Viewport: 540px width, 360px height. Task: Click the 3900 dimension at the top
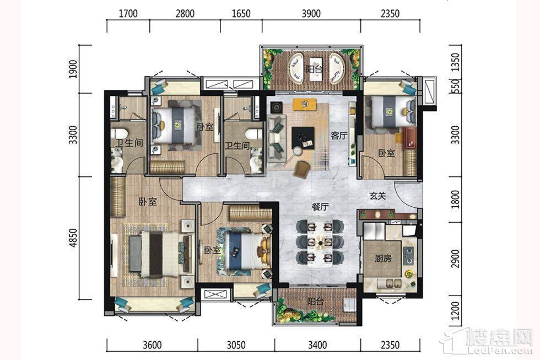[x=311, y=13]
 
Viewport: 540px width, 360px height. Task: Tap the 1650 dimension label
[x=241, y=13]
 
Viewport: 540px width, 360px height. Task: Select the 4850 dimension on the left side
[x=73, y=238]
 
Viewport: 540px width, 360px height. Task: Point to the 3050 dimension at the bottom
[x=236, y=345]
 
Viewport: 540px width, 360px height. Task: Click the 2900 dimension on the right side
[x=455, y=259]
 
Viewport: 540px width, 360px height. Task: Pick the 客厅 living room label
[x=339, y=136]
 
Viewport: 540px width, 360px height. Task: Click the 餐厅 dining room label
[x=320, y=207]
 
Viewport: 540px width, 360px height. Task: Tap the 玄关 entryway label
[x=378, y=196]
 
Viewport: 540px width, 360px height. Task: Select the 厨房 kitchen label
[x=383, y=258]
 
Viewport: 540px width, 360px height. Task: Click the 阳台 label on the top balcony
[x=315, y=69]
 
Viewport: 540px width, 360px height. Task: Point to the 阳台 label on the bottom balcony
[x=315, y=302]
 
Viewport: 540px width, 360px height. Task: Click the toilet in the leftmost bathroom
[x=119, y=133]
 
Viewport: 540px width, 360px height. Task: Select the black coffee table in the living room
[x=303, y=138]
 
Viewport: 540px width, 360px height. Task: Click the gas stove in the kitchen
[x=409, y=255]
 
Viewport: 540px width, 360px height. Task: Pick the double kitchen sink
[x=390, y=284]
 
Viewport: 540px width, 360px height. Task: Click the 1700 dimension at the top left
[x=128, y=13]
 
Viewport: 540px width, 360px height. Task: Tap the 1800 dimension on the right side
[x=455, y=199]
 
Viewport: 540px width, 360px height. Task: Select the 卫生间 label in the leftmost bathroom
[x=129, y=143]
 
